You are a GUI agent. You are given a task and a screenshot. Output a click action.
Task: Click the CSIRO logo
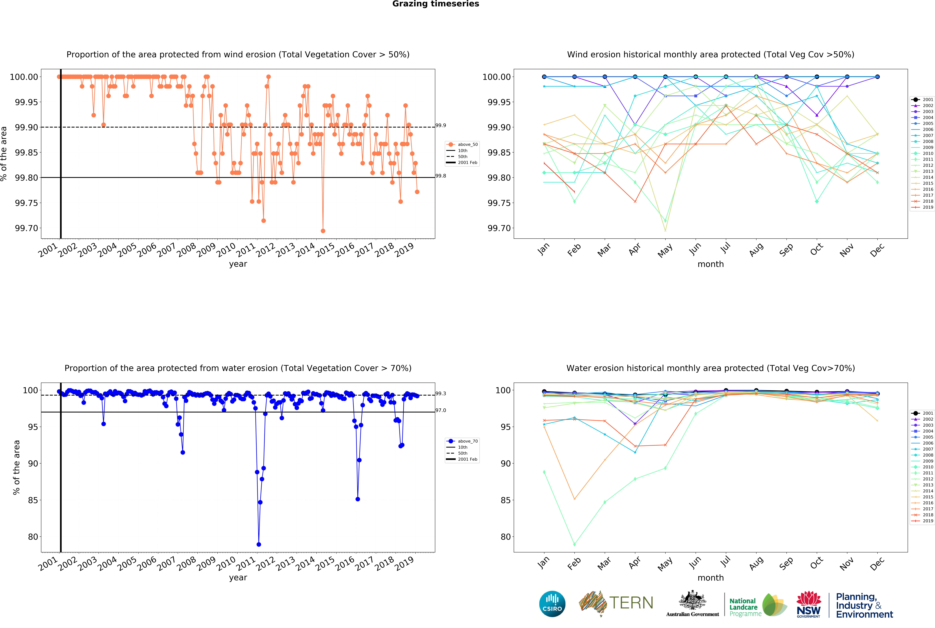pyautogui.click(x=552, y=604)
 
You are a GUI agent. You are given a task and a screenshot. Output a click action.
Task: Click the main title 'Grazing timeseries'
pyautogui.click(x=435, y=4)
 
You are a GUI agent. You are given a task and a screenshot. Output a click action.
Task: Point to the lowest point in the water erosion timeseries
pyautogui.click(x=259, y=544)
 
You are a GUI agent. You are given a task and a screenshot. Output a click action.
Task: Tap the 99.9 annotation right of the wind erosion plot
pyautogui.click(x=441, y=125)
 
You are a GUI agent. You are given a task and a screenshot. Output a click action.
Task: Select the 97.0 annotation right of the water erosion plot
pyautogui.click(x=441, y=410)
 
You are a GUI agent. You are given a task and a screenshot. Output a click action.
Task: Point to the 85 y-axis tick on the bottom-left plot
pyautogui.click(x=33, y=500)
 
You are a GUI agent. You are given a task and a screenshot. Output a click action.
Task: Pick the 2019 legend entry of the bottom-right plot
pyautogui.click(x=928, y=521)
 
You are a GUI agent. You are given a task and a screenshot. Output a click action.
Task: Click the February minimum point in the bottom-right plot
pyautogui.click(x=574, y=544)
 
